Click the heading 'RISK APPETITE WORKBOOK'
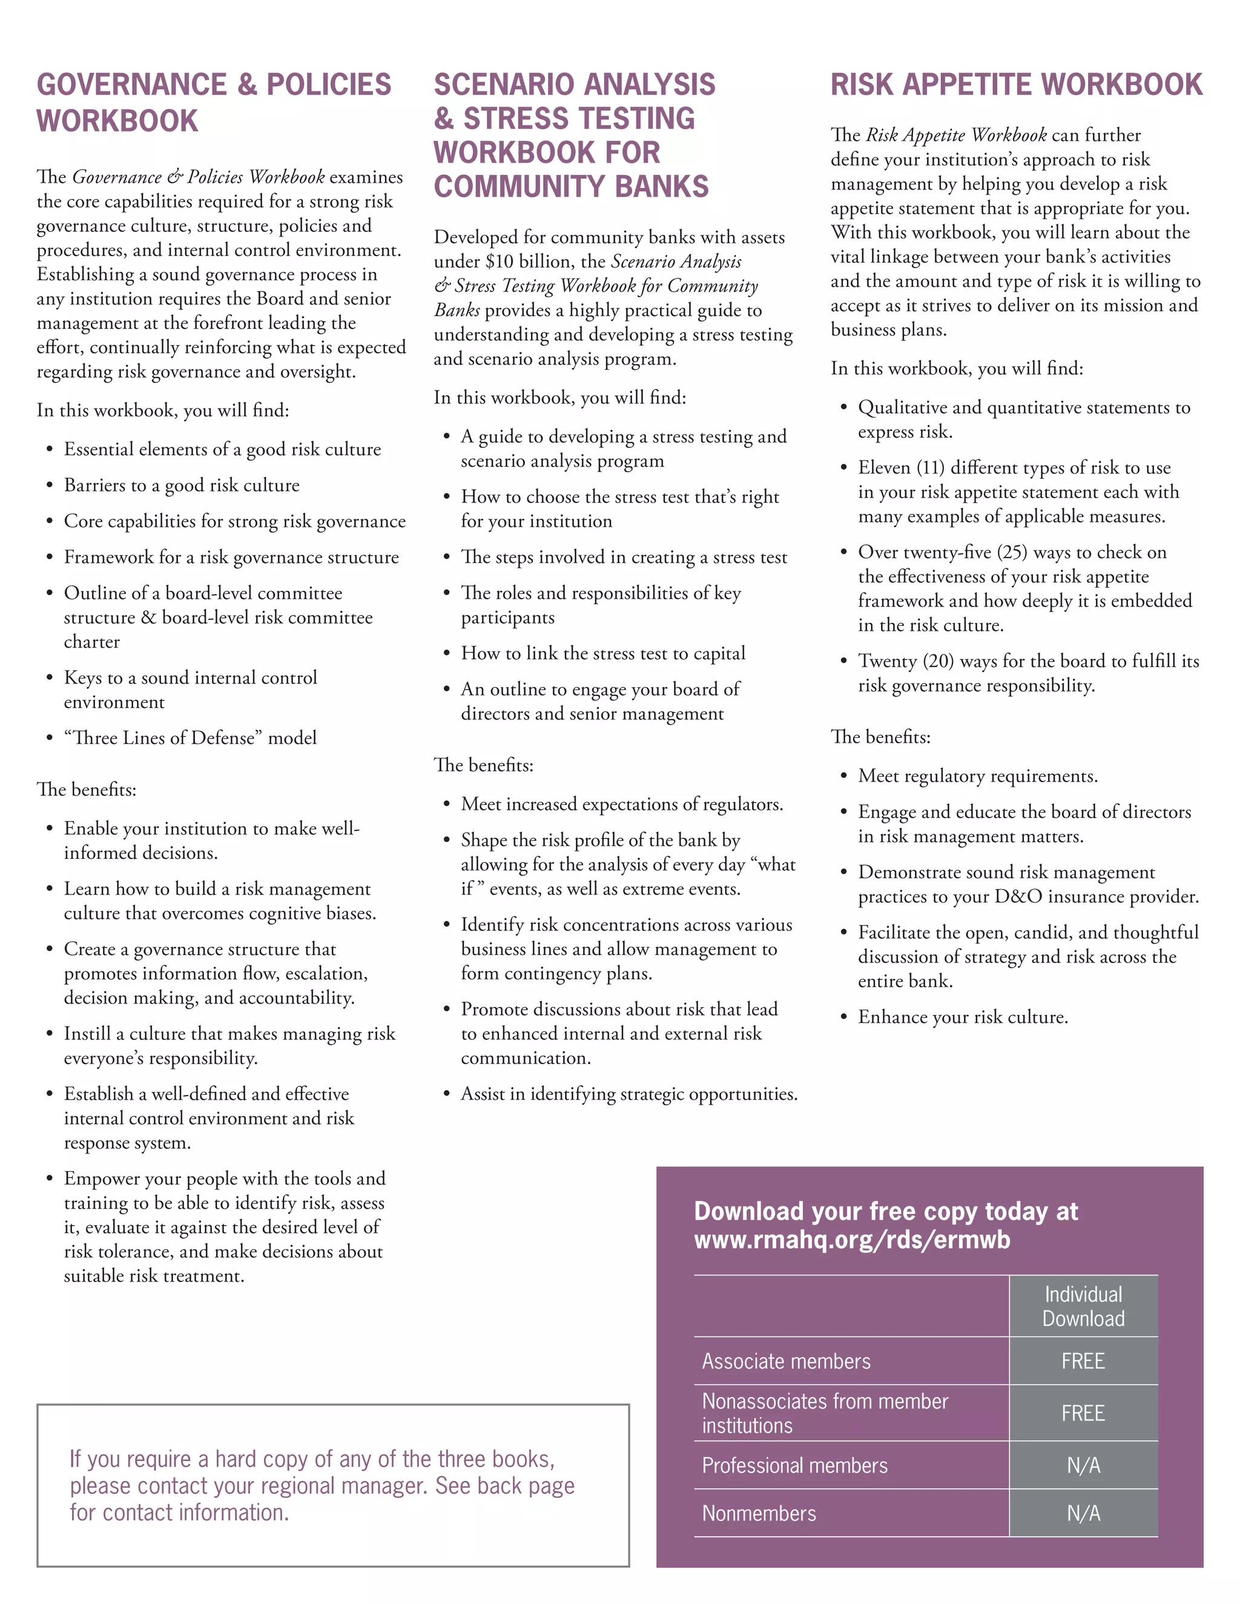(x=1016, y=85)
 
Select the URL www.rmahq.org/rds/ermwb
(x=852, y=1240)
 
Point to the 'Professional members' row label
(x=795, y=1465)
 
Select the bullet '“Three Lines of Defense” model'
(x=190, y=737)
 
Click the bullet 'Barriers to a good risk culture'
(x=182, y=485)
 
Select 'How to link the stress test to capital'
(x=603, y=653)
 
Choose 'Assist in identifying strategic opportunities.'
(x=629, y=1094)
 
